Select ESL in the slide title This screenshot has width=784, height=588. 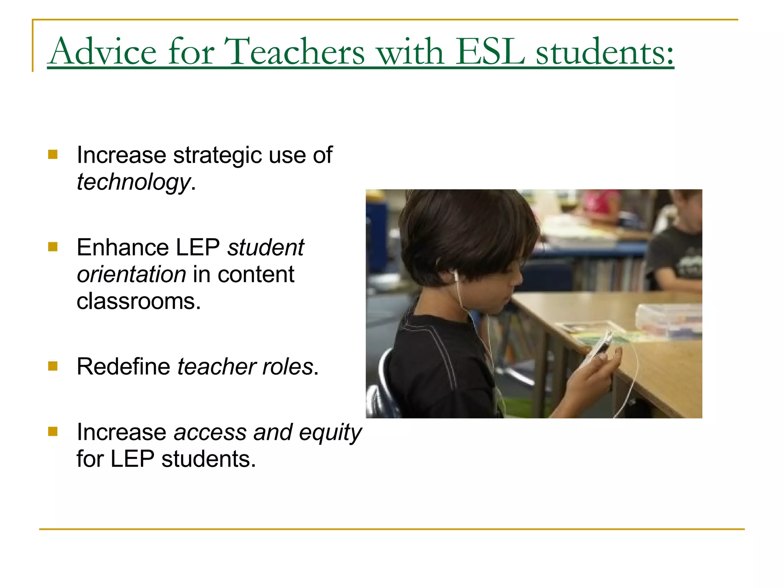490,51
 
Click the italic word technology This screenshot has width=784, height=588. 133,182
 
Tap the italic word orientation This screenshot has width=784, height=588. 131,274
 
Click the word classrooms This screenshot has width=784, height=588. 138,301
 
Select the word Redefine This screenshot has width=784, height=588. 123,366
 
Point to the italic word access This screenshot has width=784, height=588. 210,433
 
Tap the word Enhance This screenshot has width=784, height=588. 122,247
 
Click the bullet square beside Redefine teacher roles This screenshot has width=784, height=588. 53,366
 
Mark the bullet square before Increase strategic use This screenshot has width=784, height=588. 53,155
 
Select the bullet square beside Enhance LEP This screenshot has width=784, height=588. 53,247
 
